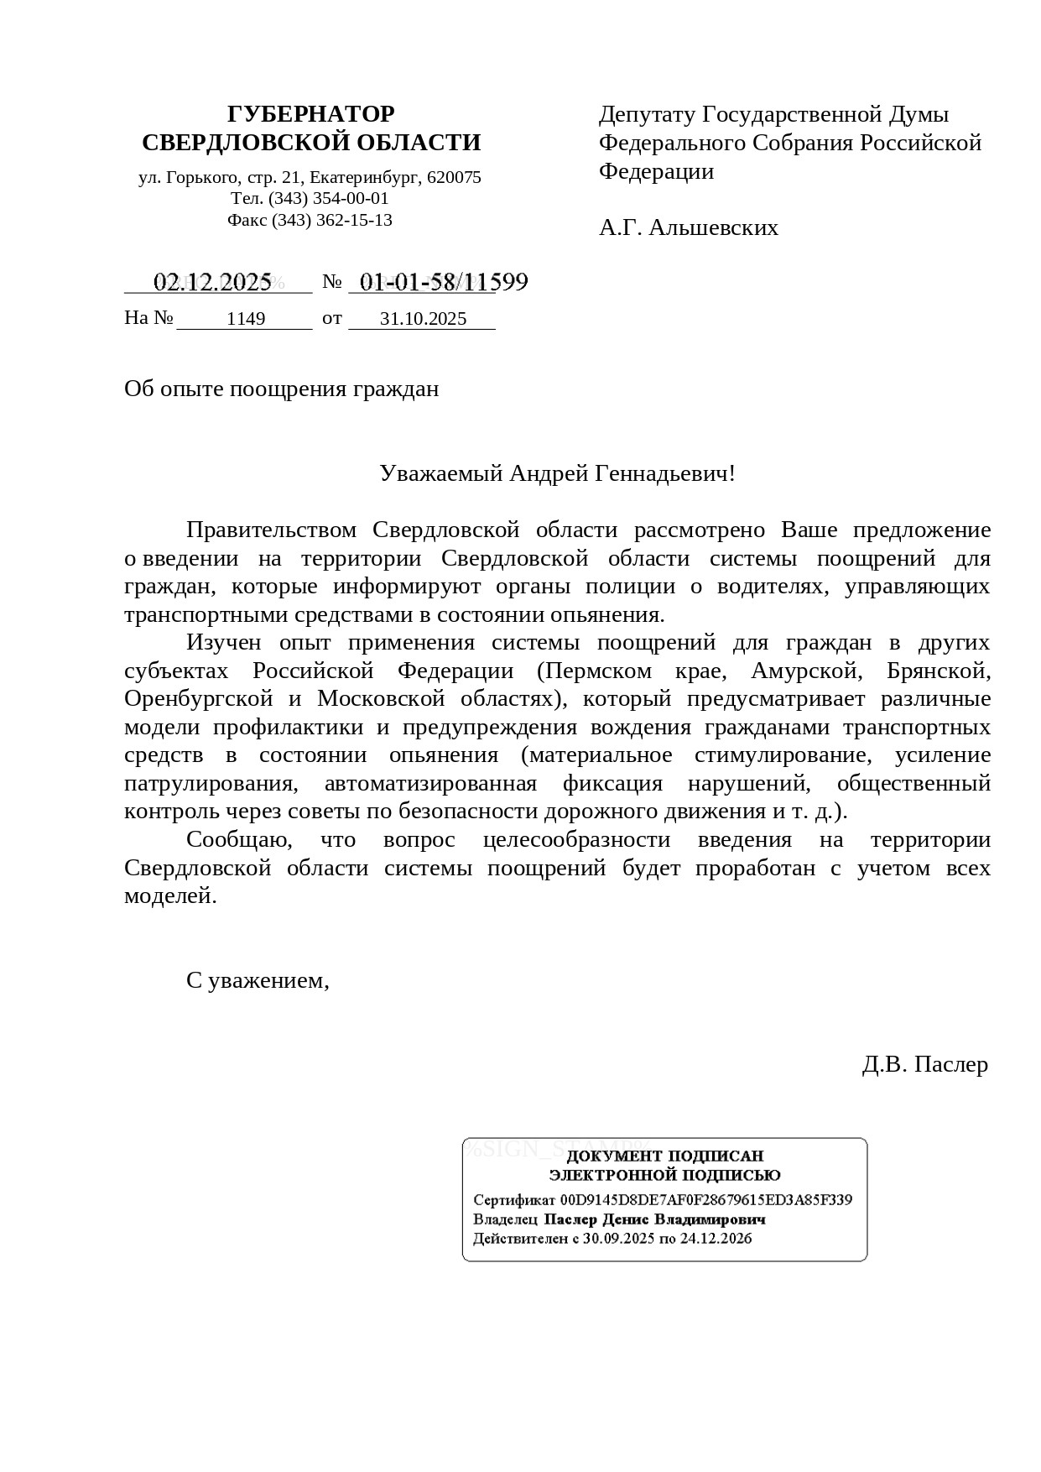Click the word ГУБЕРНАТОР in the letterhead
pyautogui.click(x=310, y=114)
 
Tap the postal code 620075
pyautogui.click(x=454, y=178)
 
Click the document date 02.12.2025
pyautogui.click(x=213, y=282)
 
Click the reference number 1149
pyautogui.click(x=246, y=319)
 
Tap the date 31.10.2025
pyautogui.click(x=423, y=319)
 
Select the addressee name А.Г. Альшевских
pyautogui.click(x=688, y=227)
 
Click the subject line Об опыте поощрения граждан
pyautogui.click(x=281, y=389)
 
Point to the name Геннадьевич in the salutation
pyautogui.click(x=664, y=473)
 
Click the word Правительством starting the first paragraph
pyautogui.click(x=271, y=530)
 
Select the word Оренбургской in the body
pyautogui.click(x=199, y=699)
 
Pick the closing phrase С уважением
pyautogui.click(x=258, y=980)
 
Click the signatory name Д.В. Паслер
pyautogui.click(x=924, y=1064)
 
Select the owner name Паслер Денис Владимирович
pyautogui.click(x=654, y=1219)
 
